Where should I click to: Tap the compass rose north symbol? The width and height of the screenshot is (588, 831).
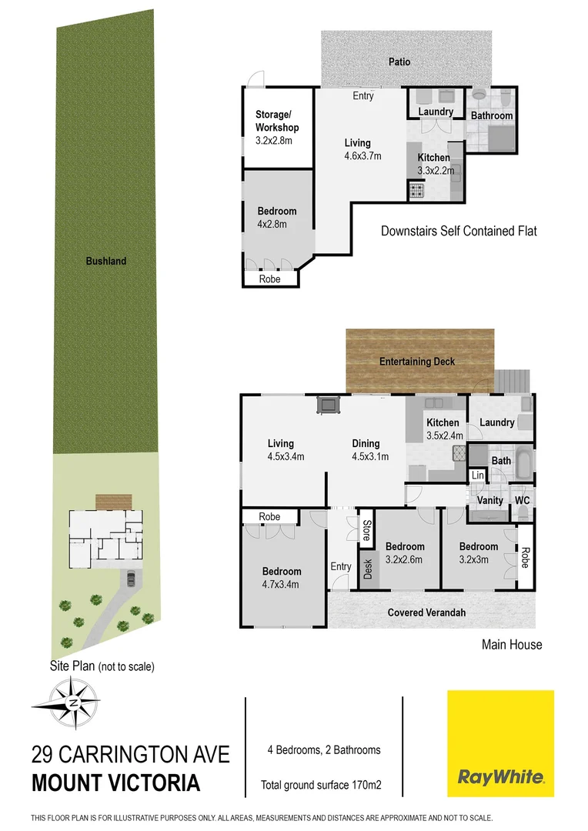pyautogui.click(x=72, y=704)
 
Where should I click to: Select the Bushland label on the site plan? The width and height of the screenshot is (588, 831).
pyautogui.click(x=106, y=261)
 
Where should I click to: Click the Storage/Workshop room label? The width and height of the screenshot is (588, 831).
pyautogui.click(x=277, y=121)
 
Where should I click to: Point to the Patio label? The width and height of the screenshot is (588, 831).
pyautogui.click(x=399, y=62)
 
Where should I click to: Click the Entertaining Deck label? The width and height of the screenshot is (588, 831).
pyautogui.click(x=417, y=362)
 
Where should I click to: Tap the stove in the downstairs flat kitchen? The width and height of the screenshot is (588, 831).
pyautogui.click(x=416, y=191)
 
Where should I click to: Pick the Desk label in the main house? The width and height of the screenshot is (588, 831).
pyautogui.click(x=367, y=569)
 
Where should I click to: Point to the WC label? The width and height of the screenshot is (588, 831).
pyautogui.click(x=523, y=500)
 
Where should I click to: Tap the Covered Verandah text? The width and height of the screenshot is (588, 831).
pyautogui.click(x=426, y=612)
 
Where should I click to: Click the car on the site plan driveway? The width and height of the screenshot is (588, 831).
pyautogui.click(x=131, y=578)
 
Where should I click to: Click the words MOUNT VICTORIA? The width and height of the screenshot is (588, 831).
pyautogui.click(x=115, y=783)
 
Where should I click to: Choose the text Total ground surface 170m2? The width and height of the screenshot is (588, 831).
pyautogui.click(x=322, y=786)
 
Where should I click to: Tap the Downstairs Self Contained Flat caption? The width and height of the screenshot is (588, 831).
pyautogui.click(x=459, y=230)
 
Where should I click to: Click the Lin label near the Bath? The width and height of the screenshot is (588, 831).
pyautogui.click(x=477, y=476)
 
